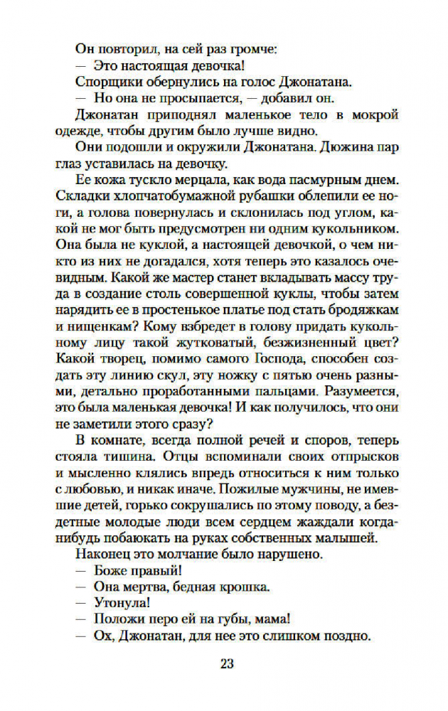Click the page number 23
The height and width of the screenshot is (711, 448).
[227, 664]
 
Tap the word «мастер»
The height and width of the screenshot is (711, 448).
[201, 279]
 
